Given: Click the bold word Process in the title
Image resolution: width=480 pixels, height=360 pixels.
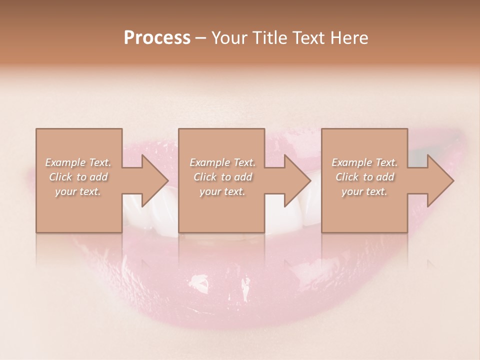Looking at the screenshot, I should coord(157,38).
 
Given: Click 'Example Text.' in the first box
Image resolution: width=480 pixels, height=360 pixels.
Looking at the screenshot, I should coord(78,162).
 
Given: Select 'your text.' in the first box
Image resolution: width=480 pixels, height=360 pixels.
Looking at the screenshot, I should coord(78,191).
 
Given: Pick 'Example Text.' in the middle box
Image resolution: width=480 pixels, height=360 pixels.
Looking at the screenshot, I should coord(222,162).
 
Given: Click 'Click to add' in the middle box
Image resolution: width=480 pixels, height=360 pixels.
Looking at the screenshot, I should coord(222,177).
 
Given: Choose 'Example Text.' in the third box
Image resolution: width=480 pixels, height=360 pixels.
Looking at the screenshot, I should coord(364,162).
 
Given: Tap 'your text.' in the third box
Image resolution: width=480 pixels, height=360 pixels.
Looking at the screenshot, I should coord(364,191).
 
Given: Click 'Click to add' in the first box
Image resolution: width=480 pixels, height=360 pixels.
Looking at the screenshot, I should coord(78,177).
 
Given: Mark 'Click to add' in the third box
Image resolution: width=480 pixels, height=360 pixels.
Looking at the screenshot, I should coord(364,177).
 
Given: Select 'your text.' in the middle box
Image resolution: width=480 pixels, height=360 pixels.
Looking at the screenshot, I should coord(222,191).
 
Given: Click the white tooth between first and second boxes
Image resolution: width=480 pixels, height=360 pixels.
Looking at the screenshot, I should coord(150,217).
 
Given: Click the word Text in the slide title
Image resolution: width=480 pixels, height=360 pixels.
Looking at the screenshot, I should coord(309,38).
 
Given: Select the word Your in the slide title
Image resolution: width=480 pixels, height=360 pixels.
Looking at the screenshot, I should coord(227,38).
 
